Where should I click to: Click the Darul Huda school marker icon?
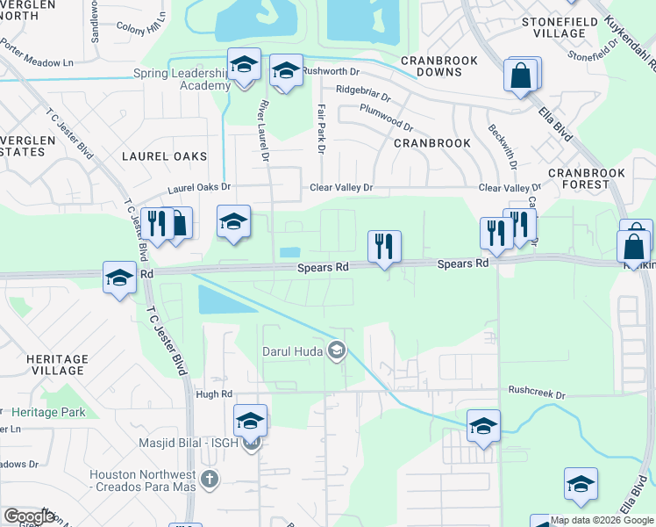pos(336,351)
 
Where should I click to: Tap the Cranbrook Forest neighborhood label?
pos(578,178)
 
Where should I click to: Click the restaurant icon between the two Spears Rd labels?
pos(383,247)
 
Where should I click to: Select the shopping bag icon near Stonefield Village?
pos(521,76)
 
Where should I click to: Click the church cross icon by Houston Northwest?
pos(209,480)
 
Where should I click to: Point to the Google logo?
pos(29,516)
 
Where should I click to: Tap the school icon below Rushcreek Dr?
pos(483,426)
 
